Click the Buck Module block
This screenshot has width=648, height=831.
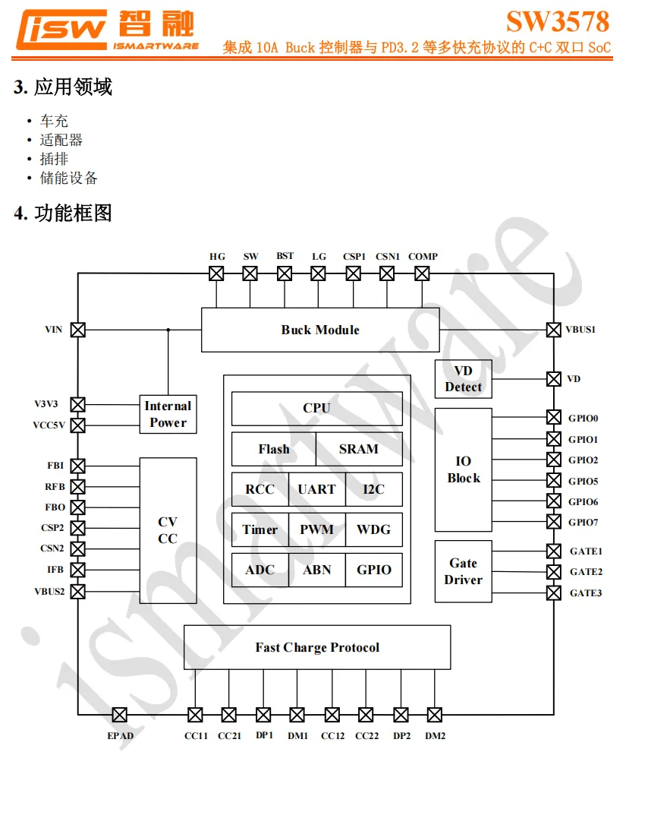pyautogui.click(x=319, y=330)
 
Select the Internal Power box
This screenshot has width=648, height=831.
pyautogui.click(x=168, y=414)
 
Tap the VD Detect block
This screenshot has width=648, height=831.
pyautogui.click(x=463, y=378)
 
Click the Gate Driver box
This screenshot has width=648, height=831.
pyautogui.click(x=463, y=571)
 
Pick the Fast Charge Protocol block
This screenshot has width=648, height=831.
pyautogui.click(x=317, y=647)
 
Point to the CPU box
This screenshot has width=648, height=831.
pyautogui.click(x=316, y=409)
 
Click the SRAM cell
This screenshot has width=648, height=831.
pyautogui.click(x=358, y=449)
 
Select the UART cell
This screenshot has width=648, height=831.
pyautogui.click(x=316, y=489)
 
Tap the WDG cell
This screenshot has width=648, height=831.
pyautogui.click(x=373, y=529)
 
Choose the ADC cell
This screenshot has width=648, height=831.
pyautogui.click(x=260, y=570)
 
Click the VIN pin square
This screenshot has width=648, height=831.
pyautogui.click(x=77, y=330)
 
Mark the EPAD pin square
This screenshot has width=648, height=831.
pyautogui.click(x=119, y=715)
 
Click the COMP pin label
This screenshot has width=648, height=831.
pyautogui.click(x=423, y=257)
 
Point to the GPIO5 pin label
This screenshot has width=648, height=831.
pyautogui.click(x=584, y=481)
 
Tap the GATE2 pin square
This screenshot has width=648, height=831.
pyautogui.click(x=554, y=572)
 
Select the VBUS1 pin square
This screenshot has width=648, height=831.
pyautogui.click(x=554, y=330)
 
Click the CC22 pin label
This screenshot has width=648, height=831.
pyautogui.click(x=366, y=736)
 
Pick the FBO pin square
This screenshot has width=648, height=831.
pyautogui.click(x=77, y=507)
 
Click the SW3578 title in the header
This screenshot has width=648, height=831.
pyautogui.click(x=558, y=21)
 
